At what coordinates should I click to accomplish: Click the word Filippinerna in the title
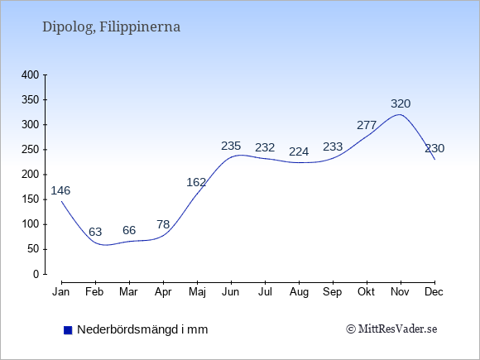(x=140, y=27)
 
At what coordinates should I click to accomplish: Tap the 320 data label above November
(x=401, y=103)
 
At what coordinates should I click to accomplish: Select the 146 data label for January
(x=60, y=190)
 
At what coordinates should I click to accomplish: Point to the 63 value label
(x=95, y=232)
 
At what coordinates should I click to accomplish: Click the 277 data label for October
(x=367, y=125)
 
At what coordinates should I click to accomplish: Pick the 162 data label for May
(x=196, y=182)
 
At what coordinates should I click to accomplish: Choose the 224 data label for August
(x=299, y=151)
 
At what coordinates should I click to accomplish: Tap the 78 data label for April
(x=163, y=225)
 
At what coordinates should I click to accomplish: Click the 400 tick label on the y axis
(x=31, y=75)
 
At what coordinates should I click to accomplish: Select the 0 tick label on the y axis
(x=36, y=274)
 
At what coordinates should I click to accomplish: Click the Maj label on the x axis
(x=197, y=292)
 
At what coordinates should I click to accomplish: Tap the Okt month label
(x=366, y=292)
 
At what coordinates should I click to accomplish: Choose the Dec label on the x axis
(x=434, y=292)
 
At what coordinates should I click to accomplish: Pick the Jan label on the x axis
(x=61, y=292)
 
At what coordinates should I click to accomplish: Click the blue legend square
(x=68, y=330)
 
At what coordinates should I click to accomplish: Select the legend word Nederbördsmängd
(x=127, y=329)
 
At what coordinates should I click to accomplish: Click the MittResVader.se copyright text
(x=391, y=329)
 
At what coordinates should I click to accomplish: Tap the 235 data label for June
(x=231, y=146)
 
